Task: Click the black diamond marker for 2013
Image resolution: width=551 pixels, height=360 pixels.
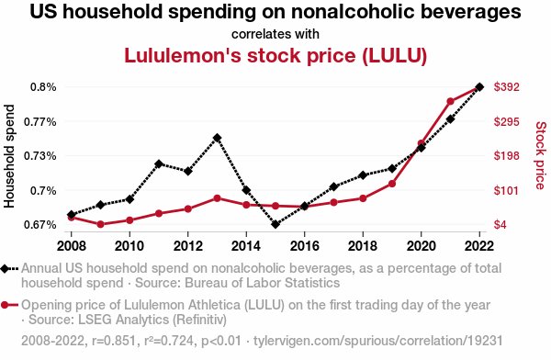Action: click(217, 138)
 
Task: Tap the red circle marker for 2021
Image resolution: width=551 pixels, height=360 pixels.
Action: click(451, 101)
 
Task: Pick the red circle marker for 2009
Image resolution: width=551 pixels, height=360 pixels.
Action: click(100, 224)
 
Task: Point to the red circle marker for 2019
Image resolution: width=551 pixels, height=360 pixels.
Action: click(392, 184)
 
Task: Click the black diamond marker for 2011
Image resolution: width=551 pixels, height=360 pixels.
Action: click(159, 163)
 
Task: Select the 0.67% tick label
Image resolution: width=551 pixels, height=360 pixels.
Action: click(39, 225)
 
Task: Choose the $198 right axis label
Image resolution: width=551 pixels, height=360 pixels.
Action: click(508, 156)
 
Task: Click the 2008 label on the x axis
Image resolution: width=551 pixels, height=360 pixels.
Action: click(71, 246)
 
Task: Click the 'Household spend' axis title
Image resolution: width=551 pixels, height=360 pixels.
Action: click(10, 156)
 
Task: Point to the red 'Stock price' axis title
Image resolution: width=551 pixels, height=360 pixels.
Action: click(540, 156)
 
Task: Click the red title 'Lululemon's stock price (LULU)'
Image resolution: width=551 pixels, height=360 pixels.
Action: click(275, 55)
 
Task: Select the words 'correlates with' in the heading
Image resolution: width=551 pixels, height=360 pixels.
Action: click(275, 34)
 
